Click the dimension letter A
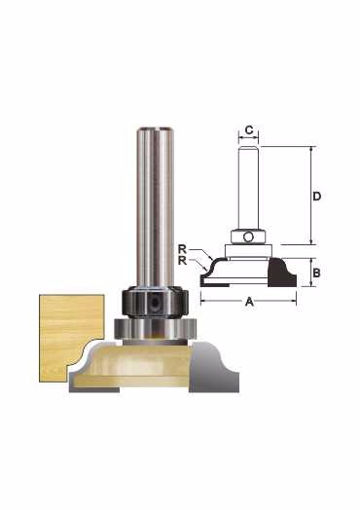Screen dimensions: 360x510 [249, 302]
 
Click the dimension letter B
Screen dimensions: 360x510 [316, 273]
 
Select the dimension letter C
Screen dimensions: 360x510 [249, 130]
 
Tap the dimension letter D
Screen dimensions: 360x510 [317, 197]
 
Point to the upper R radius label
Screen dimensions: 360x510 [183, 249]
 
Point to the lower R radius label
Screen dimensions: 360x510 [183, 261]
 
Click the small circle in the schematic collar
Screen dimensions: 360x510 [248, 237]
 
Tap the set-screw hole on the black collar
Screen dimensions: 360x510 [155, 302]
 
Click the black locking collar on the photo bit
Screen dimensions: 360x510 [155, 302]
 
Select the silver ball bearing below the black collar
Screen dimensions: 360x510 [155, 329]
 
